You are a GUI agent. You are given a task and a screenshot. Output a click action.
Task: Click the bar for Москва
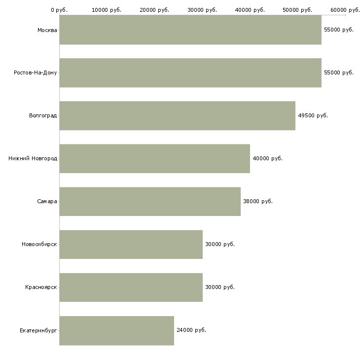pos(190,30)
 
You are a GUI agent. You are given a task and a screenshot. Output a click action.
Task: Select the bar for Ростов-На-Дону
pos(190,73)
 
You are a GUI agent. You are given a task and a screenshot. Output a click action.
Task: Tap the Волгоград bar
pos(178,116)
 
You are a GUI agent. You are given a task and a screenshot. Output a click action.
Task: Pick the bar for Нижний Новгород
pos(155,159)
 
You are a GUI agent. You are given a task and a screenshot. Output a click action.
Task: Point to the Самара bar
pos(150,202)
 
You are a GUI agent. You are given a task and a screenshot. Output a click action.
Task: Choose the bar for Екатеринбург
pos(117,330)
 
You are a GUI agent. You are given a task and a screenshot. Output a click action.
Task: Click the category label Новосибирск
pos(39,245)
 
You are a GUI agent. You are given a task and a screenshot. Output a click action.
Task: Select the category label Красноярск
pos(41,288)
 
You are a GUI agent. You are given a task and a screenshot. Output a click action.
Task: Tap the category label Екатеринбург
pos(38,330)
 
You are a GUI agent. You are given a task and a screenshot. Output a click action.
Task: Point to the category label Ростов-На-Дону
pos(35,73)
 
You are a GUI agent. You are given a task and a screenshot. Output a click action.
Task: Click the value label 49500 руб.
pos(313,116)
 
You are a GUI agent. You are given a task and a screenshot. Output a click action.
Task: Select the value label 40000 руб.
pos(267,159)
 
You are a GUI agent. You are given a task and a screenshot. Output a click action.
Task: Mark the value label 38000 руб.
pos(257,202)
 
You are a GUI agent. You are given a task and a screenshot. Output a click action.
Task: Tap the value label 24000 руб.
pos(191,330)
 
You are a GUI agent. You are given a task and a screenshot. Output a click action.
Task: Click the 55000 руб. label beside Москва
pos(338,30)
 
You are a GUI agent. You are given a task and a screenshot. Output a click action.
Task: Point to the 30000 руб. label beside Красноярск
pos(219,288)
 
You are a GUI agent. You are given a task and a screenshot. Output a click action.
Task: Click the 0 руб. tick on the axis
pos(59,10)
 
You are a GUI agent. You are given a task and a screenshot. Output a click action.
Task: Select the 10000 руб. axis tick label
pos(107,10)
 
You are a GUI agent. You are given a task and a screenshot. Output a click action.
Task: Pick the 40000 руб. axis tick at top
pos(250,10)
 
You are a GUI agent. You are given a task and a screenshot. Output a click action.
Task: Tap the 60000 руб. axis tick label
pos(345,10)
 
